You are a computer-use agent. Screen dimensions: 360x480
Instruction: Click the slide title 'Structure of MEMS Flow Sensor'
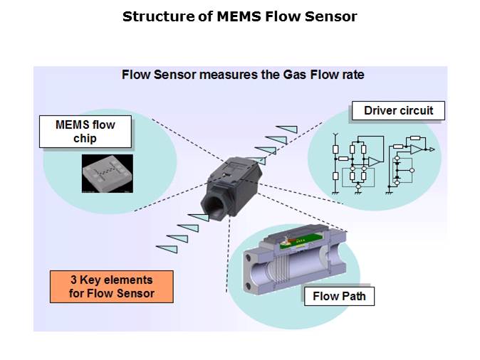tap(239, 16)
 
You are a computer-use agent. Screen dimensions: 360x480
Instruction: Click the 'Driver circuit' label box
tap(398, 110)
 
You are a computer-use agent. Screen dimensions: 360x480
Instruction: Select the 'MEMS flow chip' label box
tap(85, 132)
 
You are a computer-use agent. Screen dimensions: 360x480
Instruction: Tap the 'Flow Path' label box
tap(339, 296)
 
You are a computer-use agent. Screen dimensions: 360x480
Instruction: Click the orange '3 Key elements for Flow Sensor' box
tap(112, 286)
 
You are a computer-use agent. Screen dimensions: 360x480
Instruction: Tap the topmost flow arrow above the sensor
tap(286, 129)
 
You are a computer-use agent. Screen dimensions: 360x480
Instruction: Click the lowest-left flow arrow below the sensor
tap(166, 247)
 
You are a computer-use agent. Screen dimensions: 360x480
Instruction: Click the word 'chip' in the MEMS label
tap(85, 138)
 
